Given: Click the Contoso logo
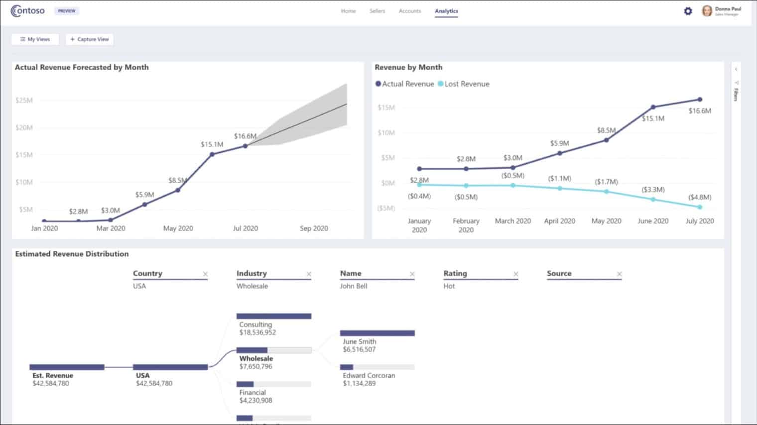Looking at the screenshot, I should coord(28,10).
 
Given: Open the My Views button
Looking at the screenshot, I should coord(35,39).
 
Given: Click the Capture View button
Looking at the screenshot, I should coord(90,39).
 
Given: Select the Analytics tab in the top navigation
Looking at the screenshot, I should coord(446,11).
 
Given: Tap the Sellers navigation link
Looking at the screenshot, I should coord(377,11).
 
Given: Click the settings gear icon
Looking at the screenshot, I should coord(688,11).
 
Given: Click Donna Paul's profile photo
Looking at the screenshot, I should coord(707,11).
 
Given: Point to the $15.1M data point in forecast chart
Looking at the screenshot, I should coord(212,154).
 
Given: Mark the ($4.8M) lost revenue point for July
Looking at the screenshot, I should coord(700,207).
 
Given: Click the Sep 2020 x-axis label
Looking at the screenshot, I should coord(314,228).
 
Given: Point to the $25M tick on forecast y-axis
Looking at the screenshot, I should coord(24,101).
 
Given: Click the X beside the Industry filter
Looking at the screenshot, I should coord(309,274).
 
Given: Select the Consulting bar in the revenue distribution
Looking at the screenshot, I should coord(274,316).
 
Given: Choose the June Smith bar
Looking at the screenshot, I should coord(377,333).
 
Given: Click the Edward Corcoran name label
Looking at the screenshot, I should coord(369,376).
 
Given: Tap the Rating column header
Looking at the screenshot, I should coord(455,273).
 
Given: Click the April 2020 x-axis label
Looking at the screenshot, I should coord(559,221).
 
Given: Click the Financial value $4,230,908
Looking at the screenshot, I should coord(255,401).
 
